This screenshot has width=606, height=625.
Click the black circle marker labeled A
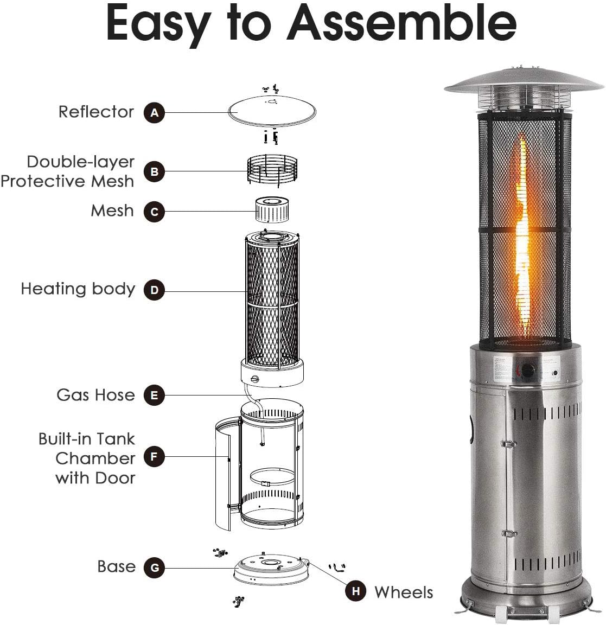coord(155,113)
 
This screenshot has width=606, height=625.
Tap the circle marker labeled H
coord(355,591)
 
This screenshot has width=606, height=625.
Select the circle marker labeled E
coord(155,396)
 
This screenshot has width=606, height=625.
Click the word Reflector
coord(96,112)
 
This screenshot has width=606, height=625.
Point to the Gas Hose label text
coord(95,394)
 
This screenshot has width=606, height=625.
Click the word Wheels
coord(404,592)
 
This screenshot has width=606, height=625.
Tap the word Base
coord(116,566)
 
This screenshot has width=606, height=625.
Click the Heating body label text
coord(78,289)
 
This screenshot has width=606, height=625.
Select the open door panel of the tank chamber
coord(224,472)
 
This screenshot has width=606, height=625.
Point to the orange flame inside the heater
coord(522,239)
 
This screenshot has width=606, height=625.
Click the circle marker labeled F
coord(155,457)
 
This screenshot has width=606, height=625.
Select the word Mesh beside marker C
coord(112,211)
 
